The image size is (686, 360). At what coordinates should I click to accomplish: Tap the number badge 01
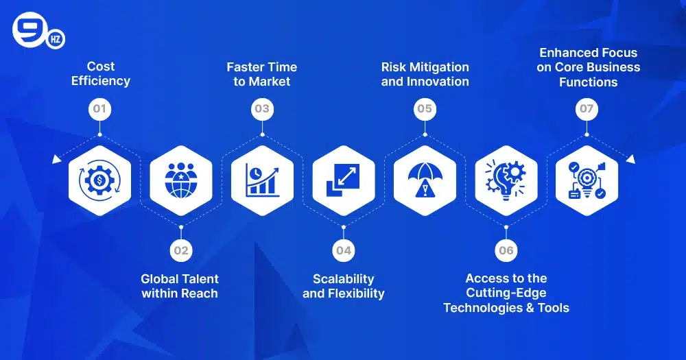click(100, 109)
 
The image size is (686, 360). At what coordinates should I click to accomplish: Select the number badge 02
click(180, 250)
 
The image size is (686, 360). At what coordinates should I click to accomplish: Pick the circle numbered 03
click(262, 109)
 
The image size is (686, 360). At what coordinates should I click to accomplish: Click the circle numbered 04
click(343, 250)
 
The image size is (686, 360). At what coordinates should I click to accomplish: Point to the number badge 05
click(425, 109)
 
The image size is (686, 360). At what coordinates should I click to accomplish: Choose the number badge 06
click(506, 250)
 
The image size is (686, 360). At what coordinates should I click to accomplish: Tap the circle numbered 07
click(587, 109)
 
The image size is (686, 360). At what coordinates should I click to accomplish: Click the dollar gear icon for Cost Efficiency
click(100, 180)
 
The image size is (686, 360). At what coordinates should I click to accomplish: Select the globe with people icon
click(181, 180)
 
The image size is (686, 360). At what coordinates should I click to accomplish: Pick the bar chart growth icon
click(262, 180)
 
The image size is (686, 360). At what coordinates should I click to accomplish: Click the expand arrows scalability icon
click(343, 180)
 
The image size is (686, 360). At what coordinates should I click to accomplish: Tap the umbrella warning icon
click(425, 180)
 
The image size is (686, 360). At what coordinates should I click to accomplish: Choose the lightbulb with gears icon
click(506, 180)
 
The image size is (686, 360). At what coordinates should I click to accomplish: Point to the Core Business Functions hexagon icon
click(587, 180)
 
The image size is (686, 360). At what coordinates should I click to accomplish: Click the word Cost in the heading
click(101, 67)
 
